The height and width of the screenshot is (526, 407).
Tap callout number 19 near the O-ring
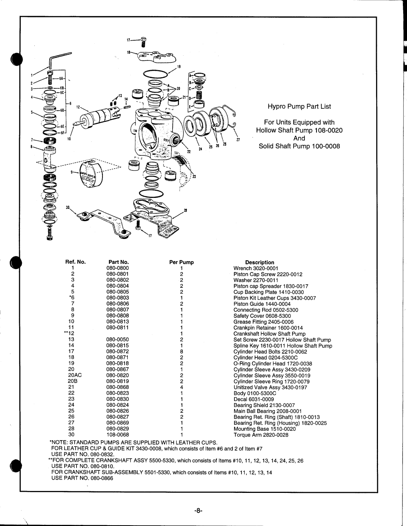pos(180,66)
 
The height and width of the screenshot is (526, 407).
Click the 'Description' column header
pos(260,262)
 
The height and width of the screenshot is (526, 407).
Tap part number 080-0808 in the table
pos(118,316)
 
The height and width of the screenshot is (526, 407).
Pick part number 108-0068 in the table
pos(118,435)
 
